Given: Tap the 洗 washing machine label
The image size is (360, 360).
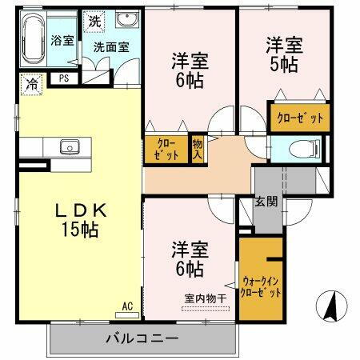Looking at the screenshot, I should (x=94, y=21).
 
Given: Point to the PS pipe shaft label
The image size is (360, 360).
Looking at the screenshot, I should (x=62, y=78).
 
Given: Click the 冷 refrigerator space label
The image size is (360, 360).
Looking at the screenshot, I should (x=31, y=81).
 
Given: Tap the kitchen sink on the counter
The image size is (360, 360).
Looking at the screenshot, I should (x=68, y=147).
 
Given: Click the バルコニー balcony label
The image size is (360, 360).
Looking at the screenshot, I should (x=142, y=339).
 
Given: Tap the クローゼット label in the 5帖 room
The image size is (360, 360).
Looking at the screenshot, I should (x=300, y=118).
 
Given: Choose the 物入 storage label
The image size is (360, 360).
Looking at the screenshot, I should (x=197, y=150).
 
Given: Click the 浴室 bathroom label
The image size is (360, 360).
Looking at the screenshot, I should (x=62, y=39).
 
